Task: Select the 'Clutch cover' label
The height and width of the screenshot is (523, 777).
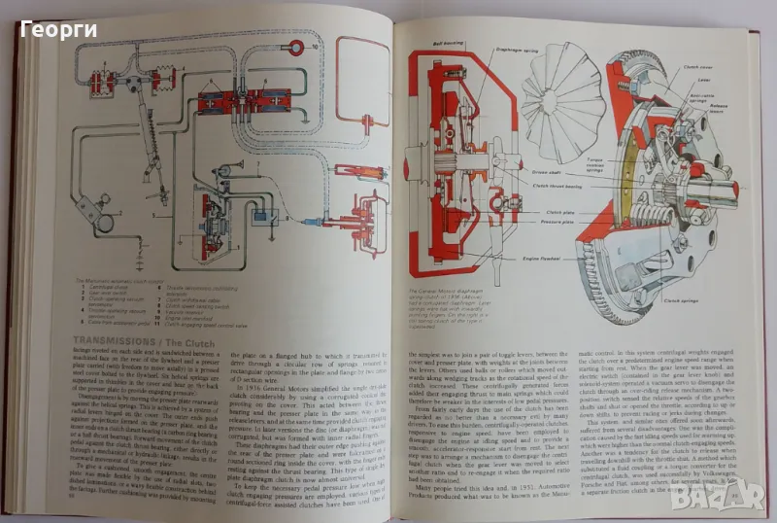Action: click(696, 67)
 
